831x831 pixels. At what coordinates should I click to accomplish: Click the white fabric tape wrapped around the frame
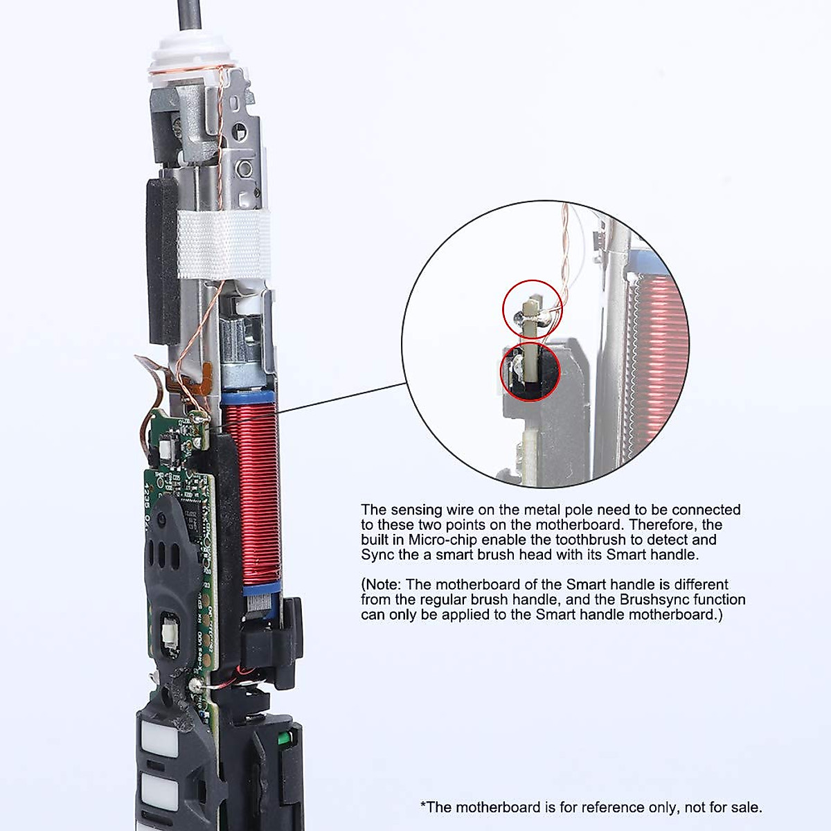coord(222,244)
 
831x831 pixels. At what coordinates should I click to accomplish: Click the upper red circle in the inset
coord(533,309)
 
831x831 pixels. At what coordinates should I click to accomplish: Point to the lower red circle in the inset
coord(530,372)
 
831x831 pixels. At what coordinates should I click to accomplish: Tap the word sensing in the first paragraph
coord(416,510)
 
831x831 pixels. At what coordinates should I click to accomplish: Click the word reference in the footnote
coord(609,807)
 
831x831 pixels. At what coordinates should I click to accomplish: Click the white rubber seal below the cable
coord(190,52)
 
